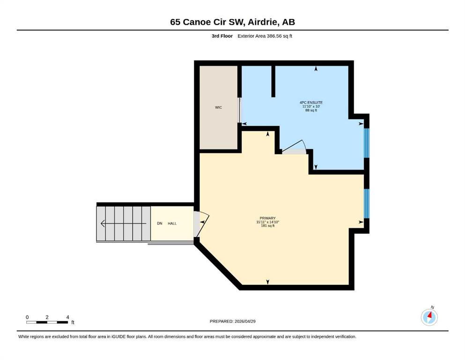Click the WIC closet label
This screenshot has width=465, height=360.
coord(218,107)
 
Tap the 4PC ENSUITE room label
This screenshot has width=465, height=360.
coord(311,103)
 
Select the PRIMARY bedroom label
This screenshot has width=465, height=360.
coord(267,218)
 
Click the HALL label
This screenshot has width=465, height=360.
coord(172,224)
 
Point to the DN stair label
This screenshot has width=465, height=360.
coord(160,224)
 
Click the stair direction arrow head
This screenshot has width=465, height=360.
coord(103,224)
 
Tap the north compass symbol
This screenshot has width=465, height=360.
coord(429,317)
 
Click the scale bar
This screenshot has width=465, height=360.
coord(47,322)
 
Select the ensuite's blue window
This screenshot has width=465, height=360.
coord(367,143)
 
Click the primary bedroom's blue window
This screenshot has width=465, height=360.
coord(367,203)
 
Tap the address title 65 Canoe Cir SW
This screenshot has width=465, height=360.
coord(207,22)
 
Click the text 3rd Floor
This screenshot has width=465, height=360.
coord(222,36)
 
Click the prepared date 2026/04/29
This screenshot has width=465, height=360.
coord(245,321)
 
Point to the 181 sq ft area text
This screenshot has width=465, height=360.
coord(267,226)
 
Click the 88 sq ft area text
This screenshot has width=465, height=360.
coord(311,111)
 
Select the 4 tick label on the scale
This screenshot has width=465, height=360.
coord(67,317)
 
